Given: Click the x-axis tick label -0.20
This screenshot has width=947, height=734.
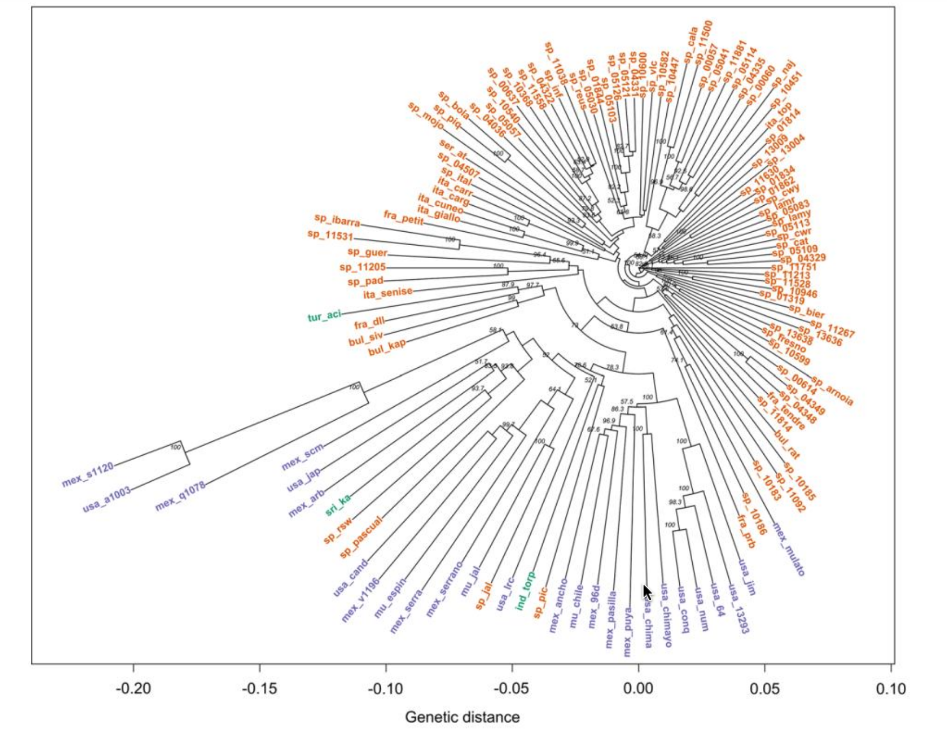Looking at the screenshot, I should pos(133,689).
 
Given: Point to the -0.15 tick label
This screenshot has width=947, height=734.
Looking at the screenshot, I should pos(260,689).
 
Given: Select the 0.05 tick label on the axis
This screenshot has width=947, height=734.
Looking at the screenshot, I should pos(765,689).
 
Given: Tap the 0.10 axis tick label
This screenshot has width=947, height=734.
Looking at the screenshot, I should pos(890,689).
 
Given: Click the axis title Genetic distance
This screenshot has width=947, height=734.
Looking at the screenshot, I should pos(462,717).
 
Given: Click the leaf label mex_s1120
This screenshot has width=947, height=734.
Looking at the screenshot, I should pos(87,474).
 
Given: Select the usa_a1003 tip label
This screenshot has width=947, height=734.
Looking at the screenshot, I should pos(106,499).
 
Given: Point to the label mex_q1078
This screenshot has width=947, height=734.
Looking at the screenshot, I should pos(180,496).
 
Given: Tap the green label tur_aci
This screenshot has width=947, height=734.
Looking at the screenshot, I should pos(324,316).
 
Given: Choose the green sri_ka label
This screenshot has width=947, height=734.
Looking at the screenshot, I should pos(338,504).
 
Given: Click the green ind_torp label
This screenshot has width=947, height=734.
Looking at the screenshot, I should pos(525,590).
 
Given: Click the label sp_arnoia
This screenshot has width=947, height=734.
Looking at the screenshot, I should pos(832,391).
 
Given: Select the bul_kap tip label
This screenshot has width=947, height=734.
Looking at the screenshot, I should pos(387,347).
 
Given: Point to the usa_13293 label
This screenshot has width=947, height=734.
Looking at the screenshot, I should pos(738,608).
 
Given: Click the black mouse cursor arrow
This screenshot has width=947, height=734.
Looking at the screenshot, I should pos(647,592).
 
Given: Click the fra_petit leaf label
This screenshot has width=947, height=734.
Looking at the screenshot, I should pos(403,217).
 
